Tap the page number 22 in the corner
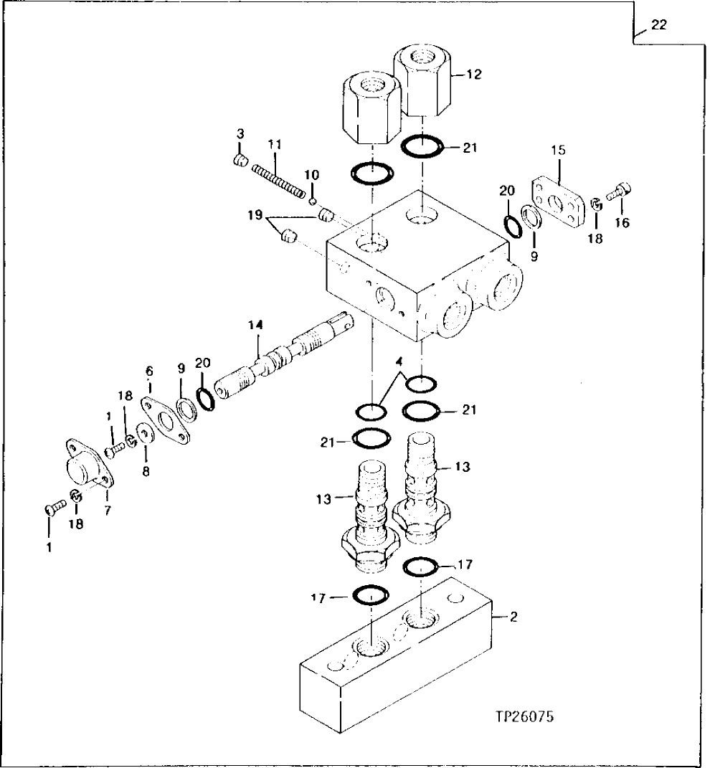click(x=658, y=25)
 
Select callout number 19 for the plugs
click(x=254, y=214)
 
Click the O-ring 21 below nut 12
click(x=421, y=147)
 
